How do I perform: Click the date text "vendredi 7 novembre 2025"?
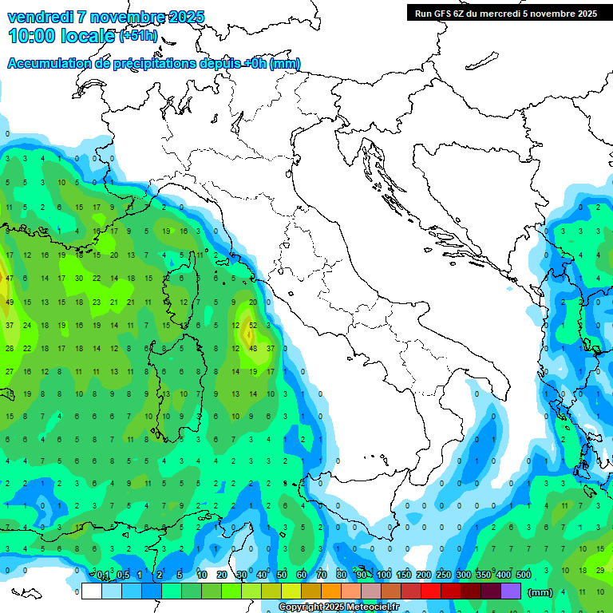[x=105, y=17]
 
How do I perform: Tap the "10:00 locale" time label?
[x=61, y=36]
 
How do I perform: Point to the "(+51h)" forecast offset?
[x=138, y=37]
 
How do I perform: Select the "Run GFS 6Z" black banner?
[x=505, y=13]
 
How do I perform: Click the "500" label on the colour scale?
[x=524, y=575]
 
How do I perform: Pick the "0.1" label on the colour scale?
[x=103, y=575]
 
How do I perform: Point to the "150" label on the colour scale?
[x=403, y=575]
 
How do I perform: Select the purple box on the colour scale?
[x=511, y=591]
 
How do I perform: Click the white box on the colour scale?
[x=91, y=591]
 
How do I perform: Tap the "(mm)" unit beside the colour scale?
[x=540, y=592]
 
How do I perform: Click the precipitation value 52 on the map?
[x=253, y=325]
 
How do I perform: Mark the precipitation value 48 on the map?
[x=253, y=348]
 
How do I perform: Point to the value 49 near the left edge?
[x=10, y=302]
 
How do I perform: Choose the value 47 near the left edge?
[x=10, y=279]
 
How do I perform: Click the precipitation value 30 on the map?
[x=79, y=279]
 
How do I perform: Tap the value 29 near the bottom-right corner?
[x=600, y=571]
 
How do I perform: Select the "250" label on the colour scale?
[x=444, y=575]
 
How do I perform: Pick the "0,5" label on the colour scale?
[x=123, y=575]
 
